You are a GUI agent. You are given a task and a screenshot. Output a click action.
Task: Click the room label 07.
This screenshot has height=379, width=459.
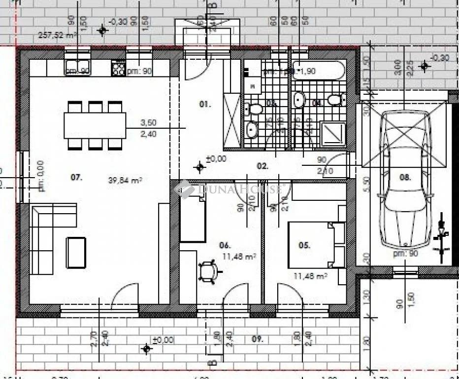tap(76, 178)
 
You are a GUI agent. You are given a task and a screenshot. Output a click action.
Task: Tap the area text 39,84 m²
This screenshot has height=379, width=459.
tap(125, 181)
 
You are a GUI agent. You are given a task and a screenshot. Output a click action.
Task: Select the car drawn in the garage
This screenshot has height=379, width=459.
tap(405, 178)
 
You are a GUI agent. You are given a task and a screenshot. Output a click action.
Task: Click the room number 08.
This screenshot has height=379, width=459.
tap(405, 178)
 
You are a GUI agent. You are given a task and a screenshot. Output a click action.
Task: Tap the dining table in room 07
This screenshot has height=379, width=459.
tap(95, 125)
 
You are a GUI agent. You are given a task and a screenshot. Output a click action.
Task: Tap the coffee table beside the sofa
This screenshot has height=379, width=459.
tap(76, 252)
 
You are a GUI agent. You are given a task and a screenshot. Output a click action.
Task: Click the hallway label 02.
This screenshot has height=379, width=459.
tap(262, 166)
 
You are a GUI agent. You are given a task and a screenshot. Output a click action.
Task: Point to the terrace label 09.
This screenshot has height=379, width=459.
tap(257, 339)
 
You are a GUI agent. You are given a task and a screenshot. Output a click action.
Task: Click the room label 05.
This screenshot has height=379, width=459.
tap(304, 245)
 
